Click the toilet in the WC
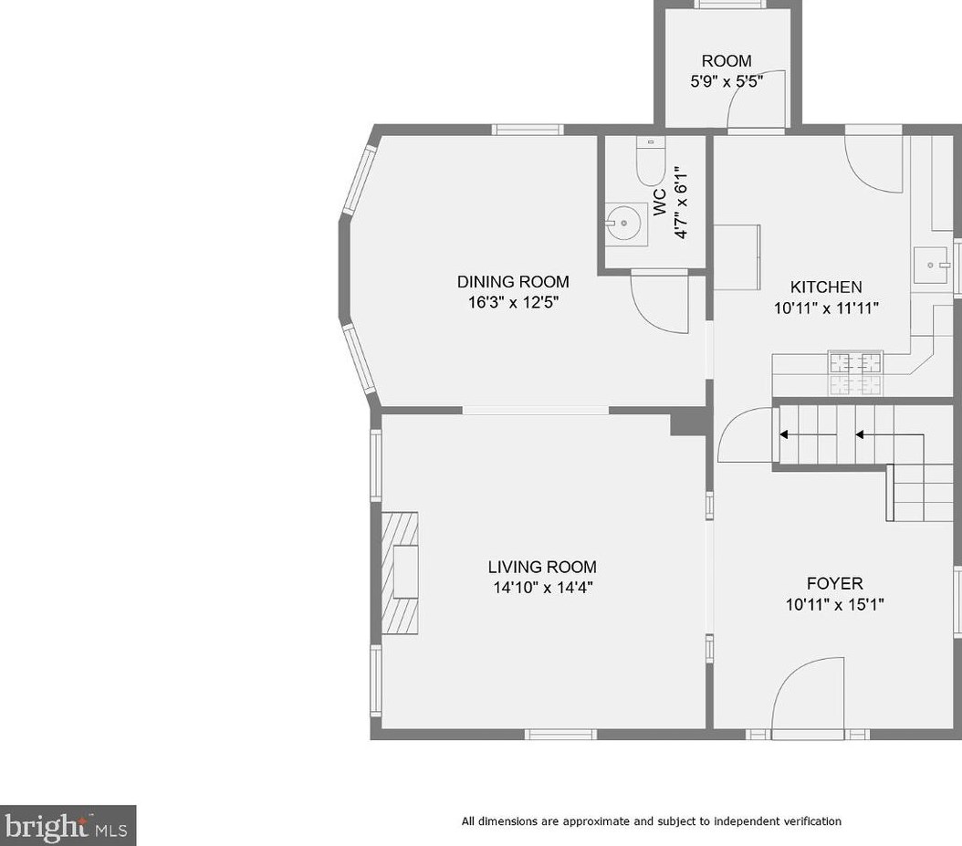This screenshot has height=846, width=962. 651,161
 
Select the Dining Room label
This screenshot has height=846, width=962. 513,282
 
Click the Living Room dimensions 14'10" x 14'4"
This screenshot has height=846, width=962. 543,588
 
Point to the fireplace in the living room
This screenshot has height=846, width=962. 400,573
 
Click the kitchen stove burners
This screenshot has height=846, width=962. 856,372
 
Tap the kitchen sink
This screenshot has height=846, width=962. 931,265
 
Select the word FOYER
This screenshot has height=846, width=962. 834,583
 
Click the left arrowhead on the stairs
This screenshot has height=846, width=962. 784,435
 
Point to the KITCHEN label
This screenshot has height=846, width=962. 826,287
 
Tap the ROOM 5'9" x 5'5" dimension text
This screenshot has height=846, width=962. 727,81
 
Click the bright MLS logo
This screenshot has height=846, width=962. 68,826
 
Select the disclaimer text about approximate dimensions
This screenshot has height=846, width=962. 651,821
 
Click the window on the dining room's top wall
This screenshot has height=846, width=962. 528,130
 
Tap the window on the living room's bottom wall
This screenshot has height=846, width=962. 560,734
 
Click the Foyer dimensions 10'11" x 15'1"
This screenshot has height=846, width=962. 834,604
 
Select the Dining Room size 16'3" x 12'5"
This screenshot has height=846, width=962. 514,302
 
